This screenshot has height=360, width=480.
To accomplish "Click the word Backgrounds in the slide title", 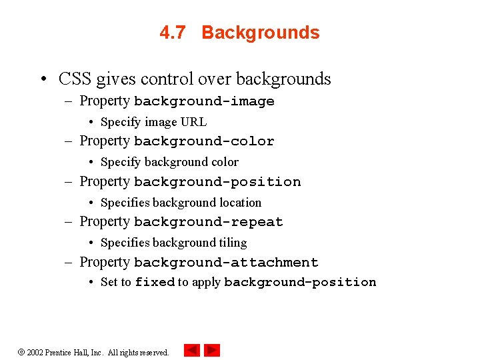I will pyautogui.click(x=261, y=33).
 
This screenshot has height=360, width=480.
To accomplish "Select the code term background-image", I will pyautogui.click(x=204, y=101).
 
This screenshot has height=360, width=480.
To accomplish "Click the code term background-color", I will pyautogui.click(x=204, y=141).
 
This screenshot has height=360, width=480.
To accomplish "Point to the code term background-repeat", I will pyautogui.click(x=209, y=222).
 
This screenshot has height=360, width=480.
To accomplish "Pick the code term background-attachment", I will pyautogui.click(x=226, y=263).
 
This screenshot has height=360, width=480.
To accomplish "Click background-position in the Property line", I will pyautogui.click(x=217, y=182).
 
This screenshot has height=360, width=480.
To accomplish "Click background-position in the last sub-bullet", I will pyautogui.click(x=300, y=282).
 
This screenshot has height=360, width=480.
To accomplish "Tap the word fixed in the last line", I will pyautogui.click(x=155, y=282).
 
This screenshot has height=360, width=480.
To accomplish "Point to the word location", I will pyautogui.click(x=241, y=203).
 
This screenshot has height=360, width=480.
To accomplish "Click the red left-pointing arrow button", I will pyautogui.click(x=192, y=350).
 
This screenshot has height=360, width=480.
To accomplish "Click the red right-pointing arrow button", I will pyautogui.click(x=212, y=350).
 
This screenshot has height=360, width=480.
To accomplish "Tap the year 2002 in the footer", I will pyautogui.click(x=35, y=352).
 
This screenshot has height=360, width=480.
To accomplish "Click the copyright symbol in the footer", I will pyautogui.click(x=21, y=352).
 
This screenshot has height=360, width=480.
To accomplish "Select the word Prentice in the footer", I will pyautogui.click(x=59, y=352).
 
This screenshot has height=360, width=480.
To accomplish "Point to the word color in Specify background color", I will pyautogui.click(x=225, y=162).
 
